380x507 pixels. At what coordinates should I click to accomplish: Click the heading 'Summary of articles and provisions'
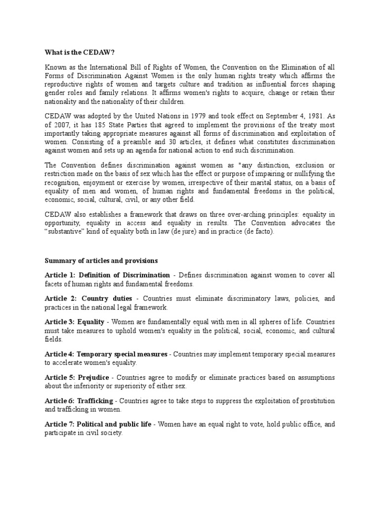[x=101, y=260]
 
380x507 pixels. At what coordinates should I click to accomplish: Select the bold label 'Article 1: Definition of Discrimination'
[x=107, y=275]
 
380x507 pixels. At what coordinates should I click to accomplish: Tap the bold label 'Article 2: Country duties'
[x=89, y=299]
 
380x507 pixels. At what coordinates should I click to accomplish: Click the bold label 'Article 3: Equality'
[x=71, y=322]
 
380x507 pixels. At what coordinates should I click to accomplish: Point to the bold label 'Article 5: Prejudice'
[x=77, y=378]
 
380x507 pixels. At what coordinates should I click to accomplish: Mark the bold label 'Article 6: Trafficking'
[x=79, y=401]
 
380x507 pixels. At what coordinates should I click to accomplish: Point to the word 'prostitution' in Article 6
[x=314, y=401]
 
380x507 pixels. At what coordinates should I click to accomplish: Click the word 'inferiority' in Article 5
[x=92, y=386]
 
